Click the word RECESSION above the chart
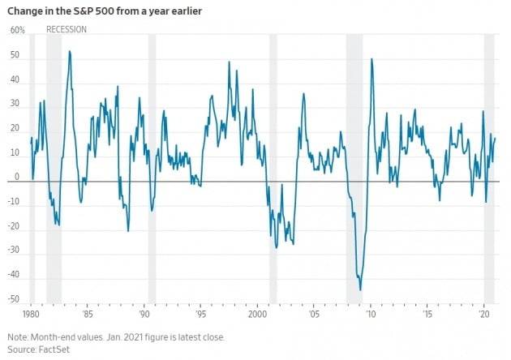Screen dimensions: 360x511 click(67, 30)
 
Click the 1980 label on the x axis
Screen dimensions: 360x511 click(31, 312)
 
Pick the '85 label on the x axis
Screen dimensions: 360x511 click(88, 312)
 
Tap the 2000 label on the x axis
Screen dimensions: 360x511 click(258, 312)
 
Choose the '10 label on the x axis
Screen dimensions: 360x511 click(371, 312)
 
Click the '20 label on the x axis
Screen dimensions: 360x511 click(483, 312)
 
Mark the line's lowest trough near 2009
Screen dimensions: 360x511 click(360, 289)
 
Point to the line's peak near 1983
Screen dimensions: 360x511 click(70, 51)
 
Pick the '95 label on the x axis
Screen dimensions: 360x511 click(201, 312)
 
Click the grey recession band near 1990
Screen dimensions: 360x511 click(152, 162)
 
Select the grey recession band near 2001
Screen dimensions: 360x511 click(273, 162)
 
